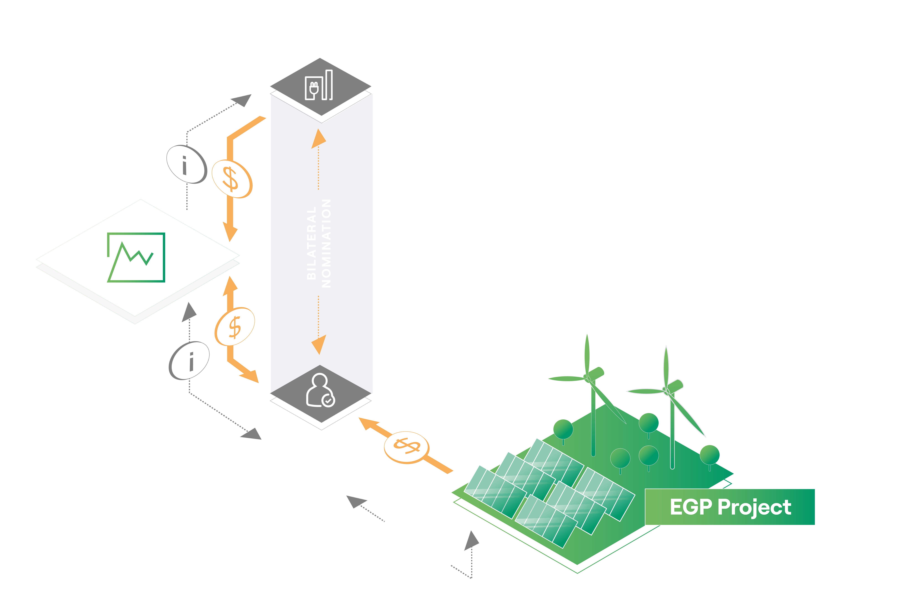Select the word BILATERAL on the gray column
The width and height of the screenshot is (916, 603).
pyautogui.click(x=311, y=243)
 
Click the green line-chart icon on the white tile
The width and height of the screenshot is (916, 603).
pyautogui.click(x=136, y=257)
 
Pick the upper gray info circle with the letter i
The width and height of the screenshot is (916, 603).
pyautogui.click(x=187, y=164)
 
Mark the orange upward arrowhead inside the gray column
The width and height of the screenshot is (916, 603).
pyautogui.click(x=318, y=139)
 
